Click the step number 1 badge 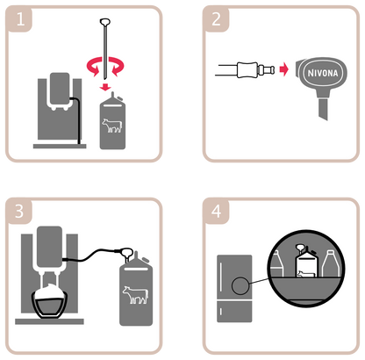[19, 19]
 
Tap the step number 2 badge [216, 19]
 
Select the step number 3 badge [19, 211]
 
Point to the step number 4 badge [216, 211]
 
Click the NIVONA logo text [323, 73]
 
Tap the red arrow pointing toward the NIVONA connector [284, 69]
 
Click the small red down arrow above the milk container [105, 87]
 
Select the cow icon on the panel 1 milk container [112, 126]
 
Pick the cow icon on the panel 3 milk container [135, 294]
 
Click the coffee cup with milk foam [50, 300]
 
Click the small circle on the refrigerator [240, 286]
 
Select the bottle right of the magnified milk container [331, 263]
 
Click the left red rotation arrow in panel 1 [94, 67]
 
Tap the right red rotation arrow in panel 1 [117, 67]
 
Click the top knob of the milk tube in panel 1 [105, 22]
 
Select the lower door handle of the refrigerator [220, 312]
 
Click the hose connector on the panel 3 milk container [127, 252]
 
